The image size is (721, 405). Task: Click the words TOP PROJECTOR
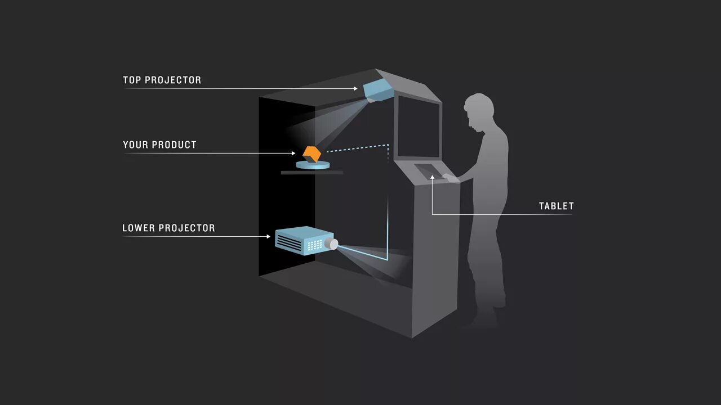(162, 80)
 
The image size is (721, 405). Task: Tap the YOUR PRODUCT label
(159, 145)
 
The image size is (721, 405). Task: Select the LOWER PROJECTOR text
(168, 228)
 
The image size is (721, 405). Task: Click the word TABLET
(556, 206)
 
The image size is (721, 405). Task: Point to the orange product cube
(311, 154)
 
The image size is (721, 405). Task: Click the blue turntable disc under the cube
(313, 165)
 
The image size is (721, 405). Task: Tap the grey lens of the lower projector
(332, 244)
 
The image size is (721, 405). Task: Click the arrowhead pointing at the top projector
(355, 88)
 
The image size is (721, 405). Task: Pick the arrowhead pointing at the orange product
(293, 153)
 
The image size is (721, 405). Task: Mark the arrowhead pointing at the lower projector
(269, 236)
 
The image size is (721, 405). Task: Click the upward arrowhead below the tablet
(432, 178)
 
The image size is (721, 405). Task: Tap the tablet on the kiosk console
(429, 169)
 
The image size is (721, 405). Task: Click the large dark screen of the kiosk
(419, 127)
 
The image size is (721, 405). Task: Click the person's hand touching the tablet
(449, 178)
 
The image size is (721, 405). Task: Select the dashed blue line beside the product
(358, 148)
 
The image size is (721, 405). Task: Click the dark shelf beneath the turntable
(312, 172)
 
